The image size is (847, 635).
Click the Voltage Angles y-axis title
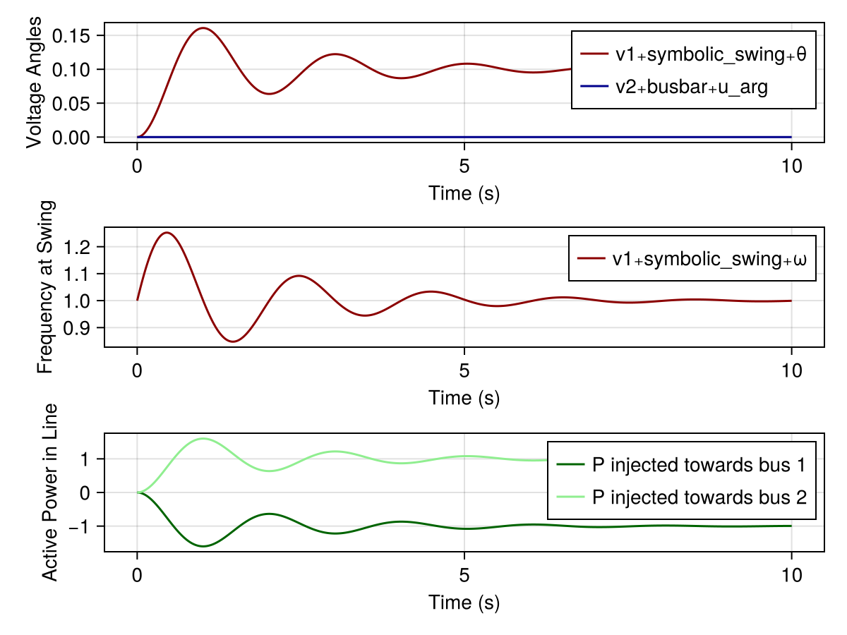point(35,83)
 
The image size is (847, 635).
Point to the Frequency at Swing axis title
point(44,287)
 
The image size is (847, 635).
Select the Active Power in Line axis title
point(49,492)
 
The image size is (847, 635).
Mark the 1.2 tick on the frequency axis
point(84,247)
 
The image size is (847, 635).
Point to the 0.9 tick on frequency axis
point(84,328)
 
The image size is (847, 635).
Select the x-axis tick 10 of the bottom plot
point(791,575)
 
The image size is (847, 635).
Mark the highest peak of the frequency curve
point(167,232)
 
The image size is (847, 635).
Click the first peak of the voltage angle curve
point(203,28)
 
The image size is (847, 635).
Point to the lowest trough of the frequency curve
point(234,341)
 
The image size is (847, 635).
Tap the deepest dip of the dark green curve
point(203,546)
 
